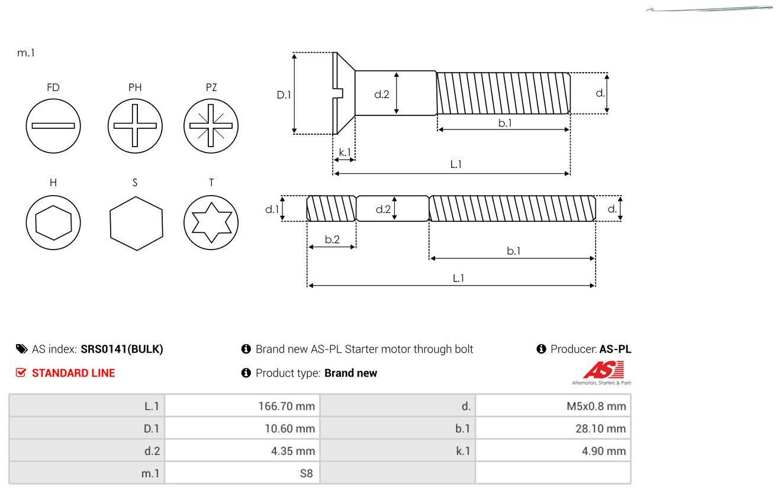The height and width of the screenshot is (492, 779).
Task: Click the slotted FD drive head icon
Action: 53,125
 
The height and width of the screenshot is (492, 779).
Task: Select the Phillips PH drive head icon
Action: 135,125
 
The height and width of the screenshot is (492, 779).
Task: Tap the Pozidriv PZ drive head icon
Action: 211,125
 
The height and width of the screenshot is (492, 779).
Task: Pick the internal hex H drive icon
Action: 53,222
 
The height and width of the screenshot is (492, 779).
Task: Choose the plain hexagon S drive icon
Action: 136,223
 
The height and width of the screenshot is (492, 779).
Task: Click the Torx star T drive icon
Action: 211,222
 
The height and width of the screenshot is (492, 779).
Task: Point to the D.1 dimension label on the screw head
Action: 284,94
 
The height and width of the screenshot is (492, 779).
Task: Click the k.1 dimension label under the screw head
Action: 345,153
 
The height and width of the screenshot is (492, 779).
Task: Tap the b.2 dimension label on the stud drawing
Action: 332,239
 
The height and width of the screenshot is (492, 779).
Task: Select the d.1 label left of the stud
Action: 271,209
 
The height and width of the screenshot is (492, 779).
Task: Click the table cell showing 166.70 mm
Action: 242,406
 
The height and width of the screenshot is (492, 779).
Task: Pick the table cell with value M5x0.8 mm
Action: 553,406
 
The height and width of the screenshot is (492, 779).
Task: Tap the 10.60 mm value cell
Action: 242,429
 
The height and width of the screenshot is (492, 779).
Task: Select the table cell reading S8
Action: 242,474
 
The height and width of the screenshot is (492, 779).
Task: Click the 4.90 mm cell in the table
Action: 553,451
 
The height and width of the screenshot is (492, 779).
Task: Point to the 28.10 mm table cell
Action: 553,429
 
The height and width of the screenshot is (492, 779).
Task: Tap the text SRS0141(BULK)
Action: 122,349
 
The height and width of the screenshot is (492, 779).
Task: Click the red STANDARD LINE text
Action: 73,373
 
